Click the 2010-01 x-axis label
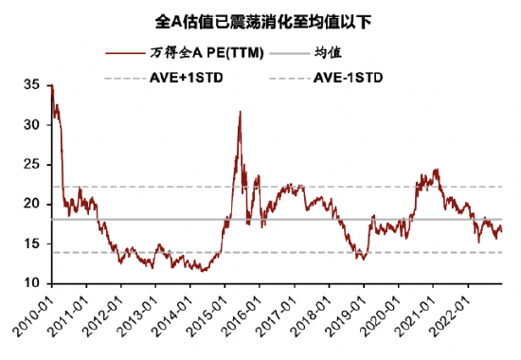tap(34, 313)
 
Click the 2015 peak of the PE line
tap(240, 112)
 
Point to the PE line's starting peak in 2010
tap(51, 86)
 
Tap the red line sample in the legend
tap(126, 54)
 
